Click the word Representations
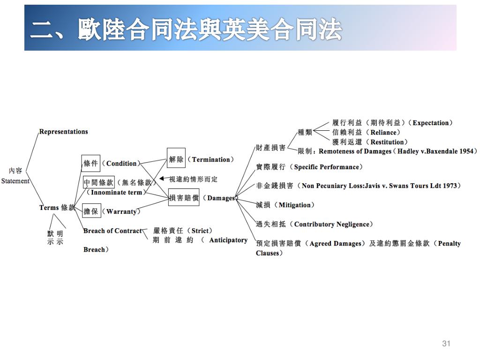pos(63,132)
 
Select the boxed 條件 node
pos(90,163)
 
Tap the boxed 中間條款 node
pos(98,182)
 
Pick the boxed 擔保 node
pos(91,211)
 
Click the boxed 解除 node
pos(176,159)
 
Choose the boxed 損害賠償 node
pos(184,198)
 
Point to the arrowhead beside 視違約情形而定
pos(162,179)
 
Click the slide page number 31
pos(446,344)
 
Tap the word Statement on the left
pos(15,181)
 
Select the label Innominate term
pos(116,192)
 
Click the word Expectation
pos(430,123)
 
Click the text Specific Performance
pos(326,167)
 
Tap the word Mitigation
pos(295,205)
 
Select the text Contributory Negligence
pos(332,224)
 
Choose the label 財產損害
pos(270,148)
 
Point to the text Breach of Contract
pos(112,231)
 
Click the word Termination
pos(211,159)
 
